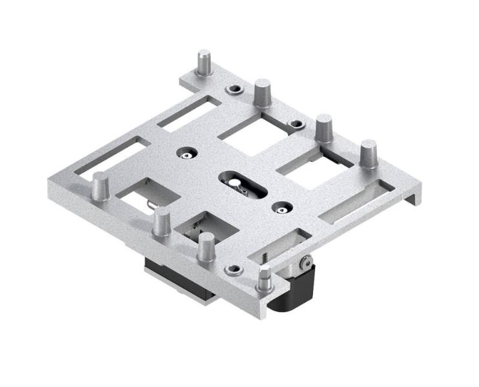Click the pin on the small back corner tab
click(x=204, y=63)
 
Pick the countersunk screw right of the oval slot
click(x=279, y=207)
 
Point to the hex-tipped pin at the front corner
click(x=263, y=279)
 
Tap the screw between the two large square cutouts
click(x=296, y=123)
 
